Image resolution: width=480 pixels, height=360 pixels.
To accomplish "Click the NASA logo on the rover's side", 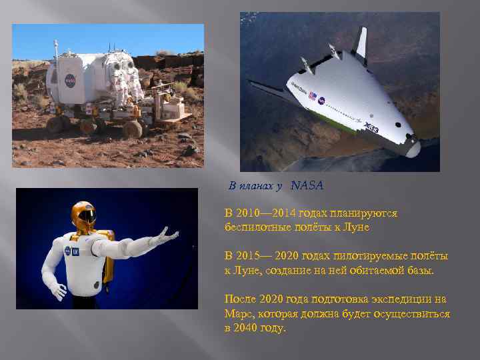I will coord(70,80).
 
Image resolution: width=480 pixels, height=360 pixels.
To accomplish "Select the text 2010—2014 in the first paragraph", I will coord(267,213).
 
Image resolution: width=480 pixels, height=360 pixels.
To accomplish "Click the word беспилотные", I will coord(255,227).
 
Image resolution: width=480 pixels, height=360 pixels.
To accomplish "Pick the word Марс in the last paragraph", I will coord(237,313).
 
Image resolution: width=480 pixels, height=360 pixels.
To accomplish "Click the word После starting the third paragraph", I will coord(240,299).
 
